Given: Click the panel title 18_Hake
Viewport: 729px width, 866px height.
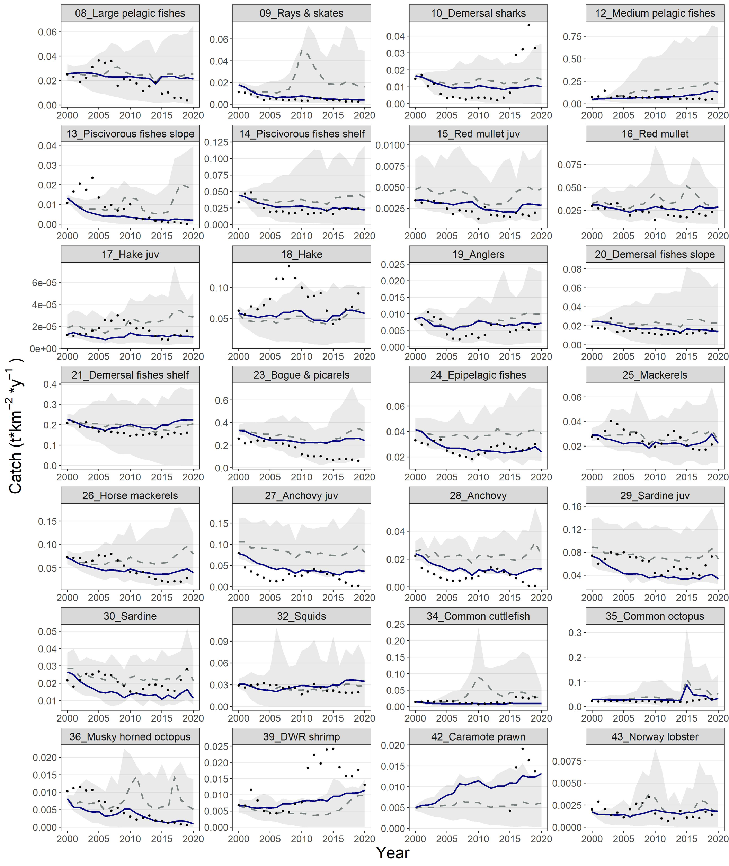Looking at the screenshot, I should (x=301, y=254).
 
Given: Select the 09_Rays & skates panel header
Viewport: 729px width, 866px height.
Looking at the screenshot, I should (x=301, y=13).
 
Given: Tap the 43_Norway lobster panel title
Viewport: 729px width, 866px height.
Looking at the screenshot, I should (x=655, y=736).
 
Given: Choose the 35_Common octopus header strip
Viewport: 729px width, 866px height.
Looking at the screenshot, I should (x=655, y=616).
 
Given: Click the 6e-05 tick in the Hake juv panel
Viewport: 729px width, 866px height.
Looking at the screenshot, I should (x=45, y=283).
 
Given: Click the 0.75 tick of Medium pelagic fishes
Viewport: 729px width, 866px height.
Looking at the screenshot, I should (x=572, y=37).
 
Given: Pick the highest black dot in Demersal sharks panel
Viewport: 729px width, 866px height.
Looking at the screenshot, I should (x=528, y=25).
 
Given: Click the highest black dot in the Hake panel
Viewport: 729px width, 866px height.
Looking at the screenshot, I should (x=289, y=266).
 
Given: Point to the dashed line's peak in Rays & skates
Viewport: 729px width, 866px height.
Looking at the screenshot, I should (x=302, y=51).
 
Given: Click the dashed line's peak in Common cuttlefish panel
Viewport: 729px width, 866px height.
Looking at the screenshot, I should (x=479, y=677).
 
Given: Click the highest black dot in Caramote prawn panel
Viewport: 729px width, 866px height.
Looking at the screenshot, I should (x=522, y=748).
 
